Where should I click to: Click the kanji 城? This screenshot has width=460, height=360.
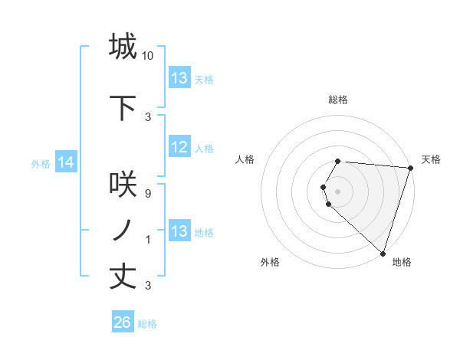click(123, 47)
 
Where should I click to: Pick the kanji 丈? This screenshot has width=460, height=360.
click(123, 276)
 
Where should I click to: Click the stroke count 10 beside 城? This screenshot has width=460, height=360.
click(148, 56)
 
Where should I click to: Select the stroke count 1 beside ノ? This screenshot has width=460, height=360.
click(148, 240)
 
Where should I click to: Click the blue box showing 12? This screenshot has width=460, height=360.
click(179, 148)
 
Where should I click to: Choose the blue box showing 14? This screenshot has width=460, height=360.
click(65, 162)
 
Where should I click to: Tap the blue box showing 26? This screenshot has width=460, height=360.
click(123, 322)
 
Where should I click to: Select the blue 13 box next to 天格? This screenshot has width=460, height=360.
click(179, 78)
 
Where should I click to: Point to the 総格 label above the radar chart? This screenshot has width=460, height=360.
click(338, 100)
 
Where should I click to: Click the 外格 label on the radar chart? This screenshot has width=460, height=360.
click(270, 263)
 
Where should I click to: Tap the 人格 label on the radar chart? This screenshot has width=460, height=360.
click(245, 159)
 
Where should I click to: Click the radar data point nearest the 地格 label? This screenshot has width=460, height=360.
click(383, 253)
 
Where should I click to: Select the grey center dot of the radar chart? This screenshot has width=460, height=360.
click(338, 190)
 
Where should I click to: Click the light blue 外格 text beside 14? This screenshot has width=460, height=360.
click(40, 163)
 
